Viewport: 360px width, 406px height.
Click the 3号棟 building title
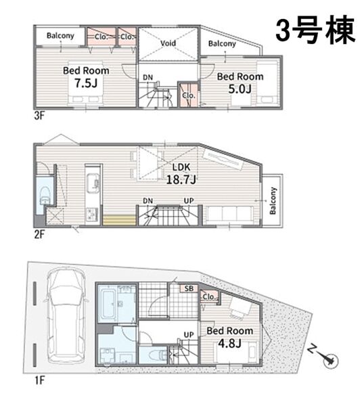(x=315, y=30)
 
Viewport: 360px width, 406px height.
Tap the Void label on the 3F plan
(x=168, y=43)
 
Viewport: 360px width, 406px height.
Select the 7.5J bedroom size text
(x=86, y=83)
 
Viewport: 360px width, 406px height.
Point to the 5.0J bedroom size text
(x=240, y=89)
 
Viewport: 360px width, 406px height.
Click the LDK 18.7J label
(x=181, y=174)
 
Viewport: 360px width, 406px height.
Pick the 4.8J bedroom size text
(x=229, y=343)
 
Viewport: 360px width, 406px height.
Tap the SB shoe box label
(x=189, y=288)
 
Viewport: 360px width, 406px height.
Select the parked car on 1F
(x=66, y=315)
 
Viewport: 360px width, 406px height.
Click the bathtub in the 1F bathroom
(x=107, y=304)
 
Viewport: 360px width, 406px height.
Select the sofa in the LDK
(x=229, y=215)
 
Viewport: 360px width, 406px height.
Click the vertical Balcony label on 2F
(x=273, y=201)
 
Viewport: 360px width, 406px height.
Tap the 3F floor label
(x=39, y=116)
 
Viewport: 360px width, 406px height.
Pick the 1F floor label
(x=39, y=380)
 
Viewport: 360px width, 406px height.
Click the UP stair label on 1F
(x=189, y=334)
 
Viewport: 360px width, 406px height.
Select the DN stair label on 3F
(x=148, y=77)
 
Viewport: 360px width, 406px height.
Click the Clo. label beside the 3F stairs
(x=188, y=95)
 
